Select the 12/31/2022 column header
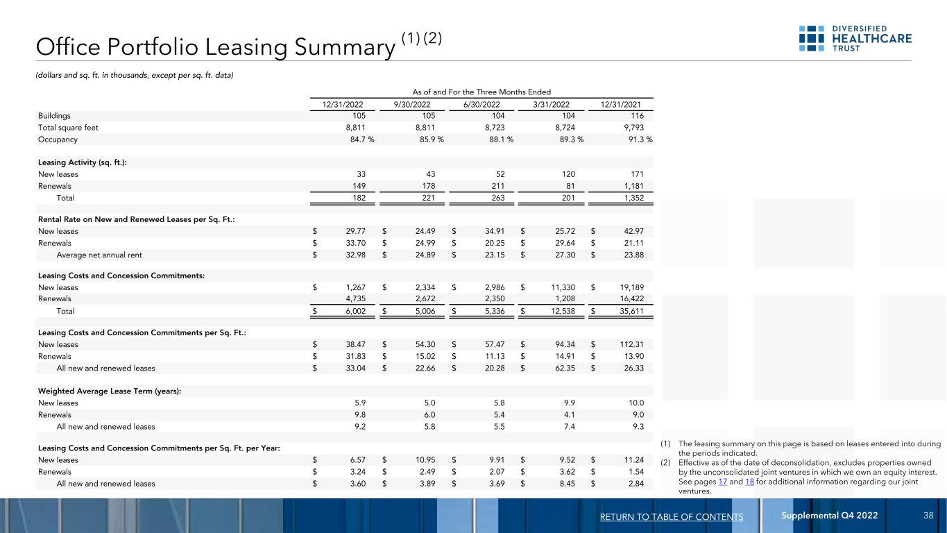coord(340,104)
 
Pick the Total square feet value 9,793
coord(633,128)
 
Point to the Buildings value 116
coord(635,116)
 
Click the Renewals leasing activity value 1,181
coord(631,186)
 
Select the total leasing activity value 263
coord(495,198)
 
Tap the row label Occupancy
coord(58,139)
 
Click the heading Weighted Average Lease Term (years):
coord(110,391)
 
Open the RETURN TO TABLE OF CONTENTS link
coord(672,516)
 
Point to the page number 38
coord(928,516)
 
